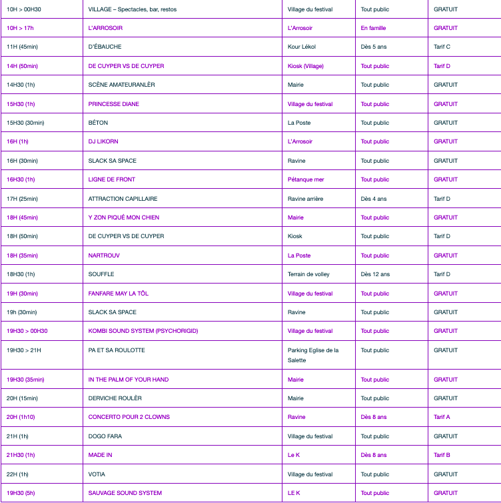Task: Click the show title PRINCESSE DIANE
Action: click(x=114, y=104)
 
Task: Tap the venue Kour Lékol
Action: click(x=302, y=47)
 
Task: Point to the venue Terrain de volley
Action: click(x=308, y=274)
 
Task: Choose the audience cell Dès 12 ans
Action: click(x=376, y=274)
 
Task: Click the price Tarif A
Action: click(x=442, y=417)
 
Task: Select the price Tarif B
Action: click(x=442, y=455)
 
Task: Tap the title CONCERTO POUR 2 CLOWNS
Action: click(x=129, y=417)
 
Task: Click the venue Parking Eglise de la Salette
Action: click(x=313, y=355)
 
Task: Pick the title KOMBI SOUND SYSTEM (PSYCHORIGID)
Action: click(x=143, y=331)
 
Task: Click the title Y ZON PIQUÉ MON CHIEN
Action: click(x=124, y=217)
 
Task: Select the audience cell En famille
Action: click(x=373, y=28)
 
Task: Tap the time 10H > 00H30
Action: click(x=24, y=9)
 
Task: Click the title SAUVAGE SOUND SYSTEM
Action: click(x=125, y=493)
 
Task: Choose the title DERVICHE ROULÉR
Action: click(x=115, y=398)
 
